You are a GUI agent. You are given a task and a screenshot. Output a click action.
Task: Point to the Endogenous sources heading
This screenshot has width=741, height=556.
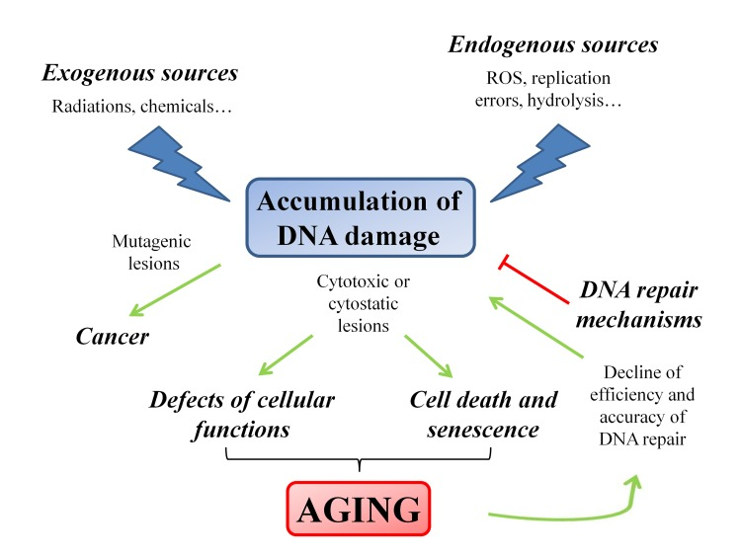(553, 45)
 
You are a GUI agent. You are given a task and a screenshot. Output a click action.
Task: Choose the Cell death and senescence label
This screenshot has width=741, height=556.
(475, 415)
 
